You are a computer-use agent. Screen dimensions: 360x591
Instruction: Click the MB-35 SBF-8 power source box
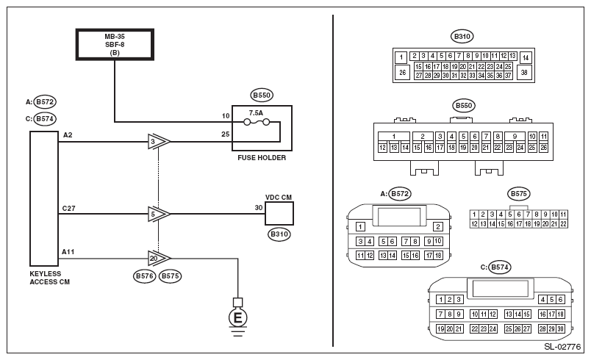point(115,44)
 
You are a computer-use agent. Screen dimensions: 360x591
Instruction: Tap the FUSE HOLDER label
point(262,157)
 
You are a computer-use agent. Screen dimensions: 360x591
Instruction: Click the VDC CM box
point(279,213)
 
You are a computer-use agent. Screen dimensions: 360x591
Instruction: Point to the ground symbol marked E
point(237,318)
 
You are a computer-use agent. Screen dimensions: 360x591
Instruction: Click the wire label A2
point(68,135)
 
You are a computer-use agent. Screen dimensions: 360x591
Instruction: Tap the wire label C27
point(69,209)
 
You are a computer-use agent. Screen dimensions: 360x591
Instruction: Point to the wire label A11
point(69,252)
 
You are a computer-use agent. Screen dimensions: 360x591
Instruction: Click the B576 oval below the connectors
point(144,276)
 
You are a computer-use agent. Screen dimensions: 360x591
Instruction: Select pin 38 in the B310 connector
point(524,72)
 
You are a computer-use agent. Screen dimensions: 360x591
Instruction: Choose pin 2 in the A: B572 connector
point(437,227)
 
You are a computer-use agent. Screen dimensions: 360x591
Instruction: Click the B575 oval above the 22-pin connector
point(518,194)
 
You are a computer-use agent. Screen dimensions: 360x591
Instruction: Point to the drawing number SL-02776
point(563,345)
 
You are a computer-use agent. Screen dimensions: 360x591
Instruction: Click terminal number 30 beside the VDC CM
point(259,208)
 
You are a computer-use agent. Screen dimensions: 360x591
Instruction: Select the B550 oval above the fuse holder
point(262,95)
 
